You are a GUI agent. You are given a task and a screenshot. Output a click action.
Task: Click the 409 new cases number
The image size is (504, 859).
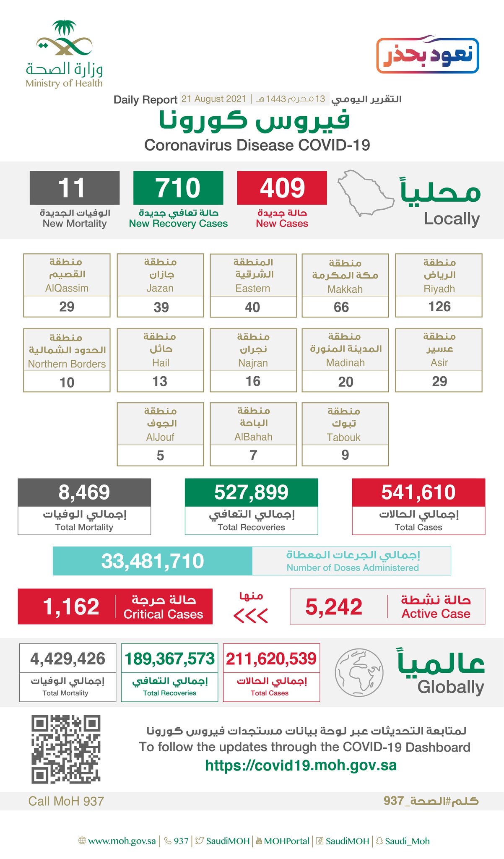pos(282,188)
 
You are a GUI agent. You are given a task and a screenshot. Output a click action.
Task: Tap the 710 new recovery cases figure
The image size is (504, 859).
pos(178,188)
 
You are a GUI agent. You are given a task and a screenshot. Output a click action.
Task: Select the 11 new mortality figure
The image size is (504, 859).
pos(72,188)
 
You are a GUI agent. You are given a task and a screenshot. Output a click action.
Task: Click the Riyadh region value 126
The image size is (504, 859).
pos(439,307)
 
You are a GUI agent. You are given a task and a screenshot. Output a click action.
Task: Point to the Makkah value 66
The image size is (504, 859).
pos(341,307)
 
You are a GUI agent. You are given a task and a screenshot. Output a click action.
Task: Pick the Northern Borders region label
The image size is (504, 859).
pos(67,364)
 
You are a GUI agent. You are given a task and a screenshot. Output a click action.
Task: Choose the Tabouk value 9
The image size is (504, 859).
pos(345,455)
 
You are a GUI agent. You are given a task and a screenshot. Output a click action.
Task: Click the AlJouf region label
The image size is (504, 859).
pos(160,437)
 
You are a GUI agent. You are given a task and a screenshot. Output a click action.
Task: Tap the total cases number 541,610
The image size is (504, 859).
pos(418,492)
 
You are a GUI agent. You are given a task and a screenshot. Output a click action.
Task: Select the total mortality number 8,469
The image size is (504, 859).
pos(84,492)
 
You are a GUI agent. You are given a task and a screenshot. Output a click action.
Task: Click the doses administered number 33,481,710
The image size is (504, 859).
pos(153,561)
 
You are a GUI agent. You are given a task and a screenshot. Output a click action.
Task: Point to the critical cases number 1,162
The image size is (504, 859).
pos(71,607)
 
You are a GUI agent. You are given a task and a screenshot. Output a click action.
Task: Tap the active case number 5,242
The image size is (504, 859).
pos(334,607)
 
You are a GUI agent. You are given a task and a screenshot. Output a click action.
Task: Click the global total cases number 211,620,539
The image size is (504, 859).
pos(271,659)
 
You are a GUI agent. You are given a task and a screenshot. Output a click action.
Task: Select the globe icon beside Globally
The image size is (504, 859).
pos(359,672)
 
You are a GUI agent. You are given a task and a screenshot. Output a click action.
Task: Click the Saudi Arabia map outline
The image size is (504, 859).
pos(365,193)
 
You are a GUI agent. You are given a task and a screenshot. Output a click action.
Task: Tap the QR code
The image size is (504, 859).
pos(66,750)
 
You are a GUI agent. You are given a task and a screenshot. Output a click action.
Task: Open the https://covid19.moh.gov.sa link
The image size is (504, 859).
pos(301,765)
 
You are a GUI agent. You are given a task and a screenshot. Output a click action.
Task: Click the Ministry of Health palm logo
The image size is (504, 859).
pos(64,39)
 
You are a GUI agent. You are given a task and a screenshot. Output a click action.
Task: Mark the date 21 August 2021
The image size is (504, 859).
pos(214,99)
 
